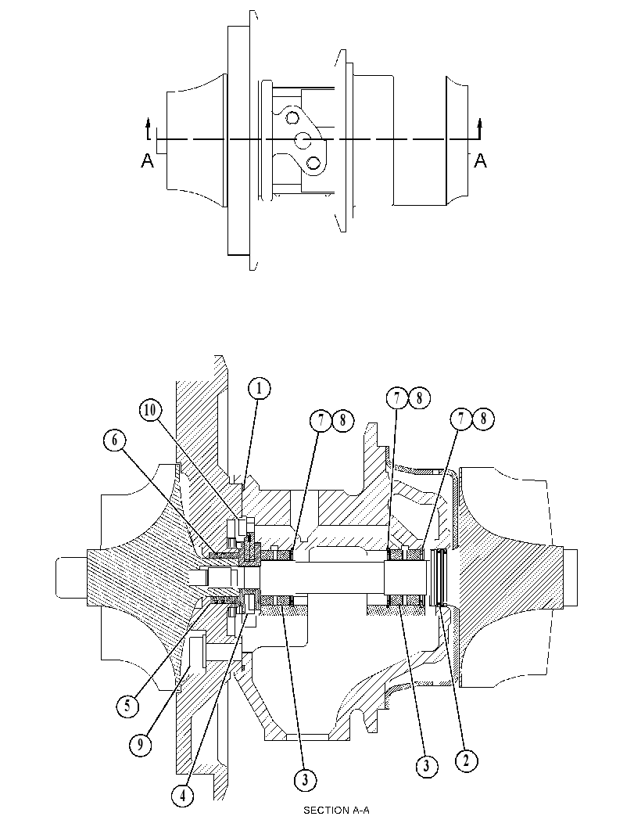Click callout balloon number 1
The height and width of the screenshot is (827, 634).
[258, 389]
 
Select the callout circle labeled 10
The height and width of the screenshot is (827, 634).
[151, 410]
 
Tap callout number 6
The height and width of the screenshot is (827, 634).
[115, 440]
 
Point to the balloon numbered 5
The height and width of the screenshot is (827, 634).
[127, 705]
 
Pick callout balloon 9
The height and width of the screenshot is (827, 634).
[140, 744]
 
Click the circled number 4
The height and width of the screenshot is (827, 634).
[182, 796]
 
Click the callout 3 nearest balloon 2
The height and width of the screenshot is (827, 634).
[426, 764]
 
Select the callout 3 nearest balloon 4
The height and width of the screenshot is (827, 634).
[306, 779]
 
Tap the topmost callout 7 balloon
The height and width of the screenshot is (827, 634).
[396, 398]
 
